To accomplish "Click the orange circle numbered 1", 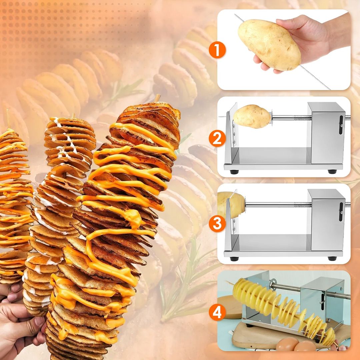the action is tap(217, 50).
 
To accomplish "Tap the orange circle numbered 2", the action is tap(217, 138).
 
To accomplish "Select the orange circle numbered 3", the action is tap(217, 224).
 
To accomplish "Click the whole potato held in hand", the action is tap(269, 44).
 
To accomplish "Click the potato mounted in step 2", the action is tap(252, 116).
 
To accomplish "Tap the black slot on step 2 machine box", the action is tap(341, 125).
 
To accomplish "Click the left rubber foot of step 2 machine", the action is tap(234, 172).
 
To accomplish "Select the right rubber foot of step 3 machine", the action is tap(332, 259).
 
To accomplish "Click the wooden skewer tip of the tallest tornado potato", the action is tap(157, 98).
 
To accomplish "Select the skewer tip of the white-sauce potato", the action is tap(73, 115).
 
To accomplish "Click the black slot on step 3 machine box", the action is tap(341, 212).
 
